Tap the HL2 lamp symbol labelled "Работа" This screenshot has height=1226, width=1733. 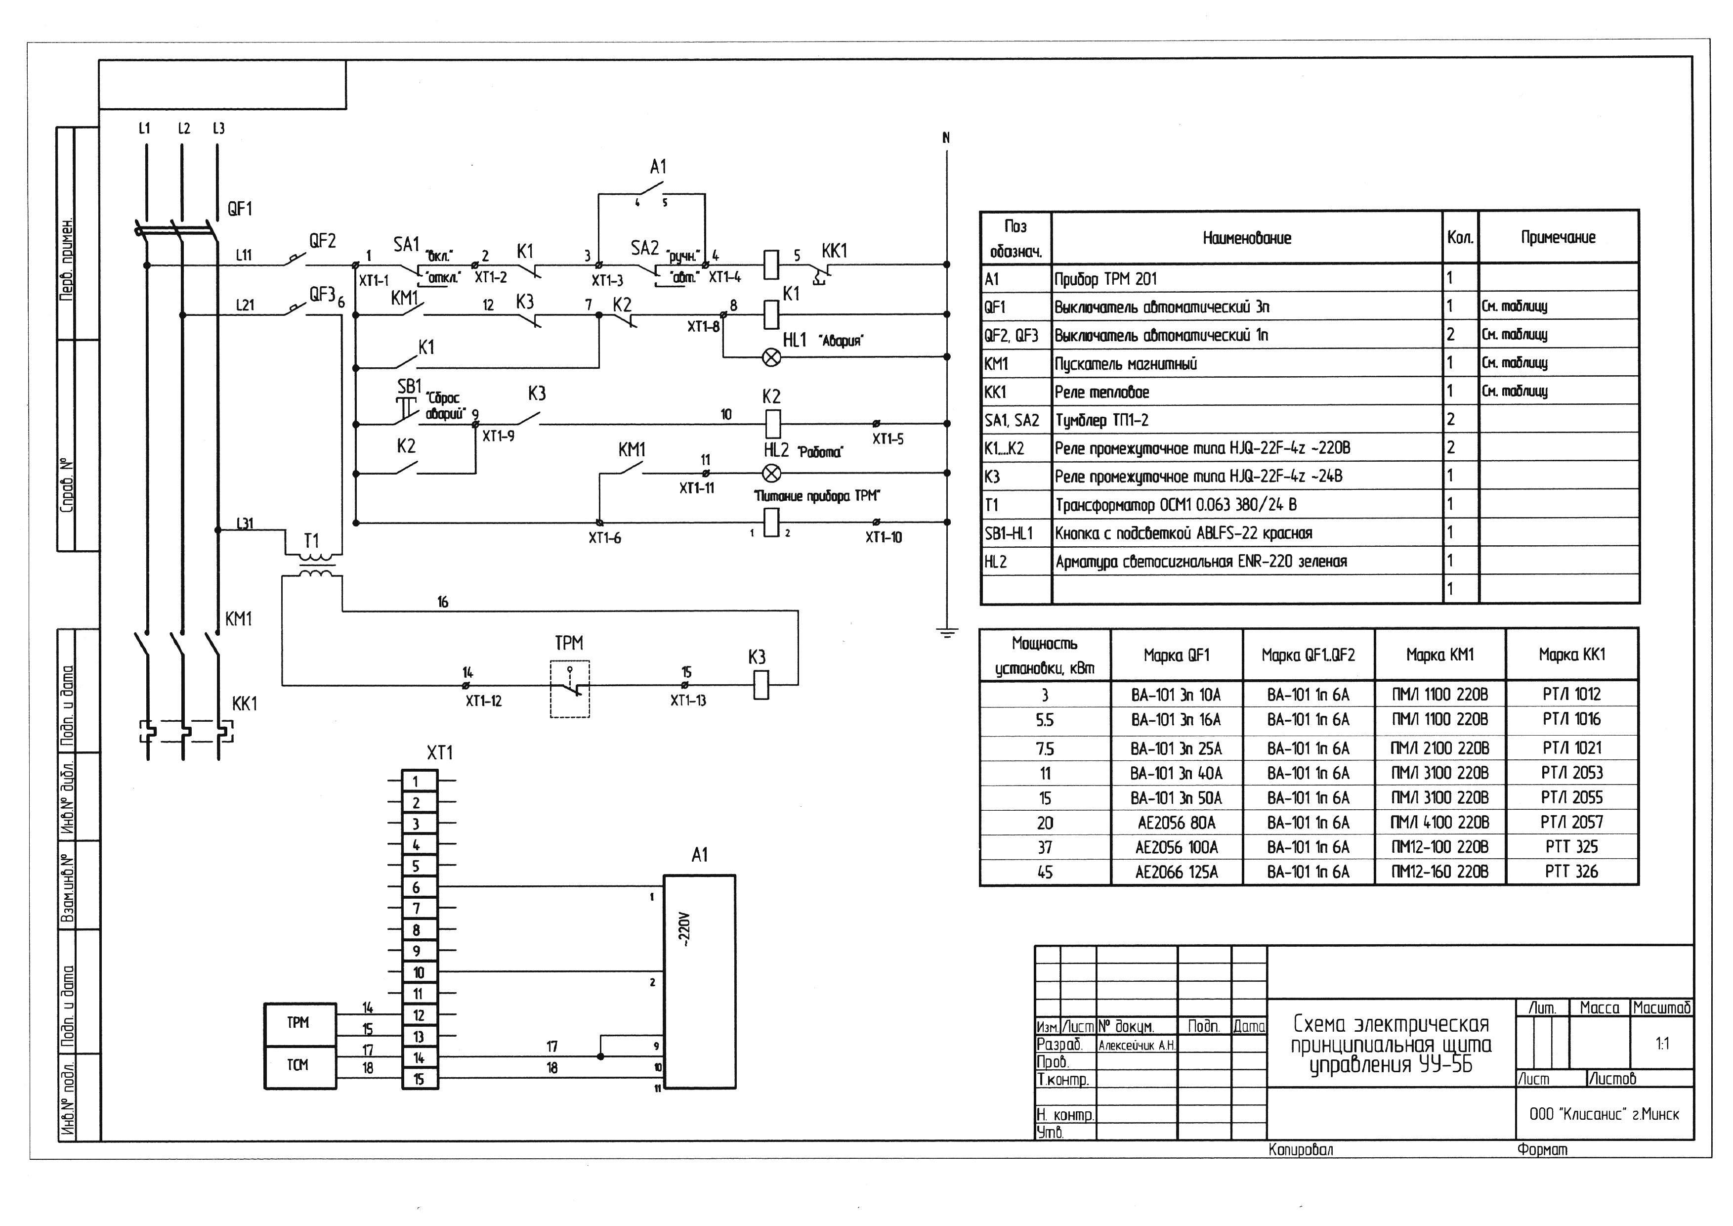click(x=771, y=473)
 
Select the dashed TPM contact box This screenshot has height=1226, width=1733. click(x=570, y=689)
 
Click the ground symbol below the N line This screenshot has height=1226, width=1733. click(x=946, y=633)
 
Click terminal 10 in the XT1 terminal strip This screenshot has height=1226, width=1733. click(x=418, y=972)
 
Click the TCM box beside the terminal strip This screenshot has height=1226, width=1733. click(x=298, y=1066)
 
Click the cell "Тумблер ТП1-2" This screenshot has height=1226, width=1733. click(x=1101, y=420)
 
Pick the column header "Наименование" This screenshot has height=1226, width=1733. click(x=1247, y=238)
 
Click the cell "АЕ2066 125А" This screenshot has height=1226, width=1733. click(x=1177, y=872)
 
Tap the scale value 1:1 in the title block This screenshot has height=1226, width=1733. click(x=1662, y=1044)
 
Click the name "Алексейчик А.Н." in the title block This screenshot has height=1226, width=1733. click(x=1137, y=1046)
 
